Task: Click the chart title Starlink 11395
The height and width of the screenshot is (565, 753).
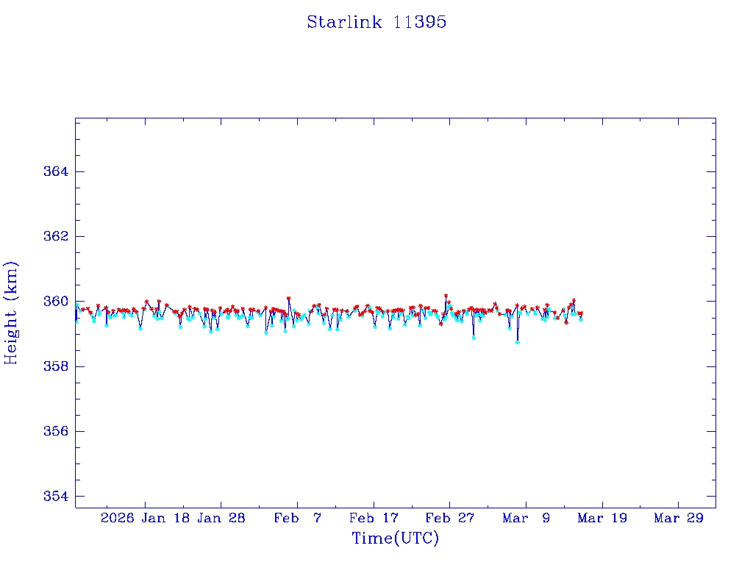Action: click(376, 22)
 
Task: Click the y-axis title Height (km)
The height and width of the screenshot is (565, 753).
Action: click(11, 313)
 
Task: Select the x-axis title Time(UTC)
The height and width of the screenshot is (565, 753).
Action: click(395, 539)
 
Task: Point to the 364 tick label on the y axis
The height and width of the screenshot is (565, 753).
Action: click(56, 171)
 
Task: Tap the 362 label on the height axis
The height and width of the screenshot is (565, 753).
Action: click(56, 236)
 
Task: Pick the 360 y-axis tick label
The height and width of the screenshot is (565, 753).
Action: click(56, 302)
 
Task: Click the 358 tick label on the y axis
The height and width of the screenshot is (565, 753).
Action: click(56, 366)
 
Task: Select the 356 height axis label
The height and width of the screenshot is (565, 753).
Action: click(56, 431)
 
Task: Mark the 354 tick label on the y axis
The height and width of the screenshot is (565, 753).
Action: click(56, 497)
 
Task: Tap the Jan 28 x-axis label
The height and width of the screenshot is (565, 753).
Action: click(221, 518)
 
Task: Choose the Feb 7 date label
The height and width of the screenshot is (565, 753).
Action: click(297, 518)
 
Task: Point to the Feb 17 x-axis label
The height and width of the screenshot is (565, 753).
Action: click(373, 518)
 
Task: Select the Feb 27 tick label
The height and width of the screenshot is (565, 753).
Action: click(449, 518)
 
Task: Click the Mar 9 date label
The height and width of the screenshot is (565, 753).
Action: click(526, 518)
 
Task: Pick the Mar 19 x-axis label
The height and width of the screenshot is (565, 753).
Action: click(602, 518)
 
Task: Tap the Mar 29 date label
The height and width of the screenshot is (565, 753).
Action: click(678, 518)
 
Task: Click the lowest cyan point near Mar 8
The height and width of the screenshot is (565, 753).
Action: click(518, 342)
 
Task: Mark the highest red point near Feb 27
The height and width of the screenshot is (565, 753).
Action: click(446, 296)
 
